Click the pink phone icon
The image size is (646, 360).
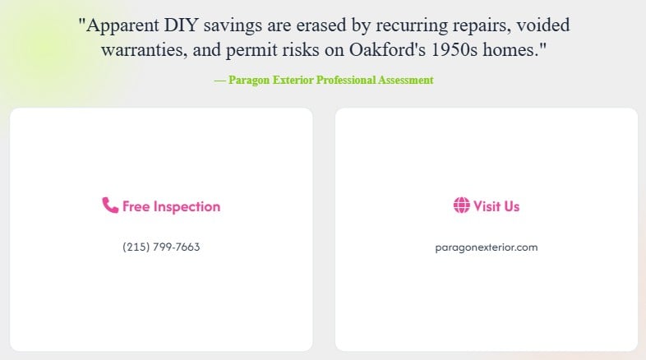pyautogui.click(x=110, y=205)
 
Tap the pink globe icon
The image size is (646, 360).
pyautogui.click(x=461, y=205)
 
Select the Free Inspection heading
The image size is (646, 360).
pyautogui.click(x=171, y=206)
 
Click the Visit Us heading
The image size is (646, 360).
pyautogui.click(x=496, y=206)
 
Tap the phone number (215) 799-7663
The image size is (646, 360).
pyautogui.click(x=161, y=247)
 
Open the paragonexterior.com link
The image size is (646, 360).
pyautogui.click(x=487, y=247)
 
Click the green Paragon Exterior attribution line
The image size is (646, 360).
pyautogui.click(x=324, y=80)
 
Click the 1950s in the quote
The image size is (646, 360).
pyautogui.click(x=466, y=49)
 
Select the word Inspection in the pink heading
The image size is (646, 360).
pyautogui.click(x=187, y=206)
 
